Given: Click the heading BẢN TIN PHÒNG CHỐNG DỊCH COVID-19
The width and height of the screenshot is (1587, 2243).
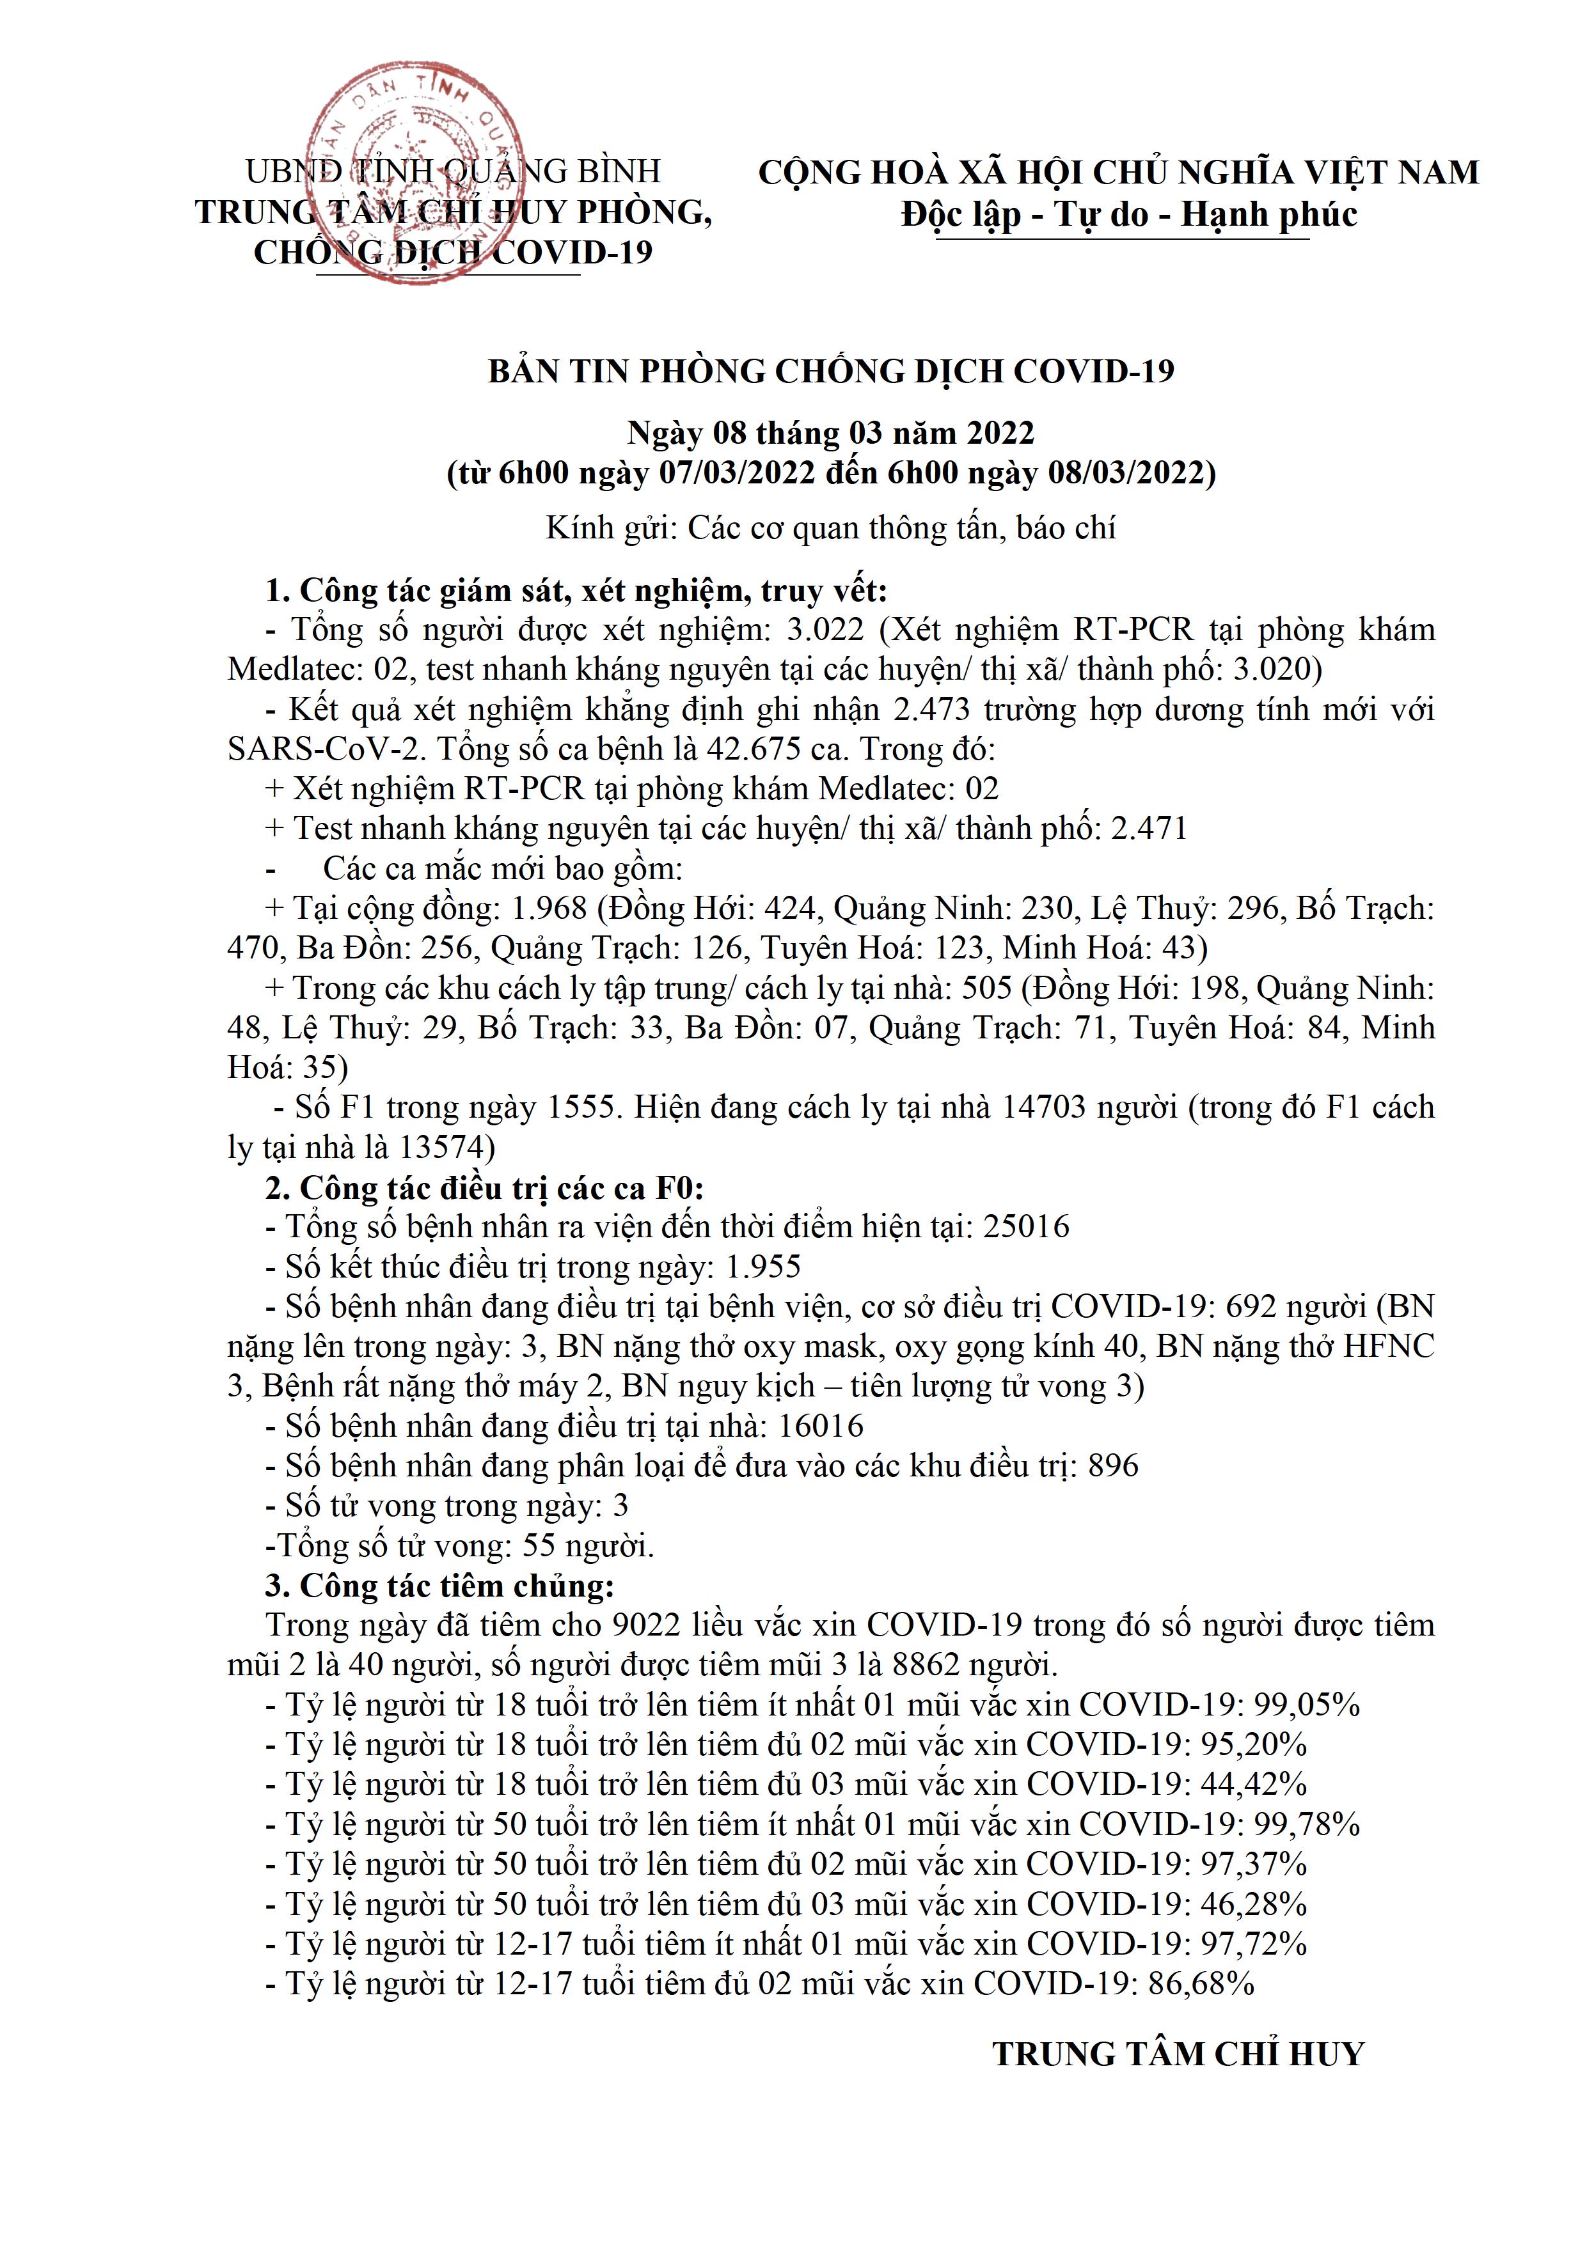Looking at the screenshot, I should [831, 372].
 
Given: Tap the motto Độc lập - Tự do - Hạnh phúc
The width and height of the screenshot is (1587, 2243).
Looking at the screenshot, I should [1129, 214].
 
